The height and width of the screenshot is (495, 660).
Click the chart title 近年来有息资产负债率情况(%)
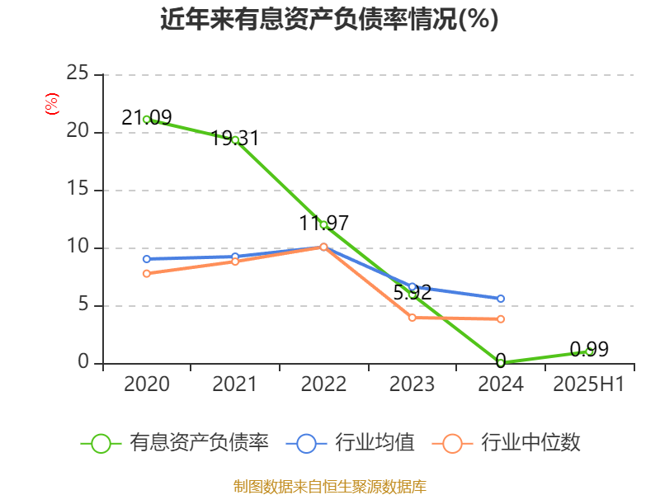(329, 19)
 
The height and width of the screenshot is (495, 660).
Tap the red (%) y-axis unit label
(51, 105)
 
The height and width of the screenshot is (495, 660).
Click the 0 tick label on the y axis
(82, 363)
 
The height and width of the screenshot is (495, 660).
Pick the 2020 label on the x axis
(147, 384)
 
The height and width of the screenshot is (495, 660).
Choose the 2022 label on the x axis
(323, 384)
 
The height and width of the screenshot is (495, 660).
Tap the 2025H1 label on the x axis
(589, 384)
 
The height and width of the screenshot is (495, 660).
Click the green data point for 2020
(147, 119)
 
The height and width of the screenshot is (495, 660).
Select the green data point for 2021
(235, 140)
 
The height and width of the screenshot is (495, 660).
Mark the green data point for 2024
(501, 362)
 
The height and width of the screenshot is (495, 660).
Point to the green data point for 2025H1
(589, 351)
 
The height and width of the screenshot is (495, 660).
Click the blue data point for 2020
(147, 259)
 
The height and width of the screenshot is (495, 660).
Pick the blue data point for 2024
(501, 299)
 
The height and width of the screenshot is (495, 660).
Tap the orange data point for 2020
(147, 273)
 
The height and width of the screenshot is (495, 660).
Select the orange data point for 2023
(412, 318)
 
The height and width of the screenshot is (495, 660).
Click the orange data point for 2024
(501, 318)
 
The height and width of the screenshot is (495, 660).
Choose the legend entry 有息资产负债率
(175, 443)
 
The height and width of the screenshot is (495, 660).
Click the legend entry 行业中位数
(511, 443)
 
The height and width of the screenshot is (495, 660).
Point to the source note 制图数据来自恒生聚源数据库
(329, 487)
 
